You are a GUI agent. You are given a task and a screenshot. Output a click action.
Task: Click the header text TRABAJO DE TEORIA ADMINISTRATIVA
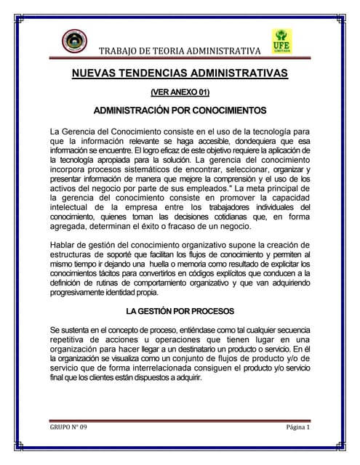coord(179,51)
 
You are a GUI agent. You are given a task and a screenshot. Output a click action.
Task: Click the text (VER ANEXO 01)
coord(179,93)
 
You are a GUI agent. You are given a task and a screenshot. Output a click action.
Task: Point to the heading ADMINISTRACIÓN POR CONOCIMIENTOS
coord(180,111)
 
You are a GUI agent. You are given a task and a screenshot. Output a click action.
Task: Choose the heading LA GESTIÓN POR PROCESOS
coord(180,312)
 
